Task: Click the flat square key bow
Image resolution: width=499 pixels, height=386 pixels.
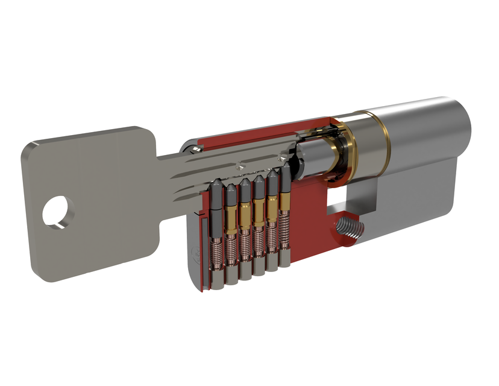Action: click(90, 199)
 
